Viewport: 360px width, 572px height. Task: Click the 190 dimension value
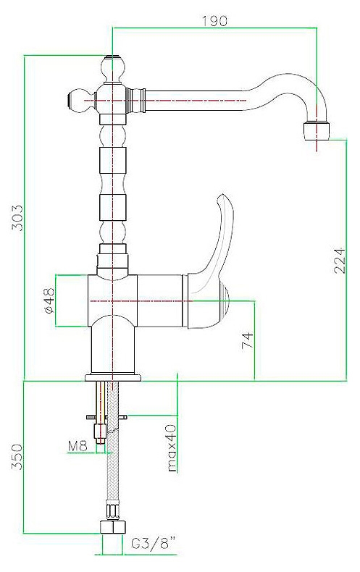coord(214,21)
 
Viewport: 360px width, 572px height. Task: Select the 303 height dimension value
coord(17,218)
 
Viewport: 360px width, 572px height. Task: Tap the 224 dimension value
coord(339,261)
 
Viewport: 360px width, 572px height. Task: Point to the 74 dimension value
coord(248,340)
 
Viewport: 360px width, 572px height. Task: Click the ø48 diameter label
coord(49,300)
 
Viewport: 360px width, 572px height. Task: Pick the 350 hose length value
coord(17,457)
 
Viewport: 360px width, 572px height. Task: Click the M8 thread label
coord(78,445)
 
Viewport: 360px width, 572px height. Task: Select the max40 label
coord(171,448)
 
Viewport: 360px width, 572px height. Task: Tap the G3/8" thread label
coord(153,544)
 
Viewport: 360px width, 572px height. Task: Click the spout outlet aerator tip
coord(317,131)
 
